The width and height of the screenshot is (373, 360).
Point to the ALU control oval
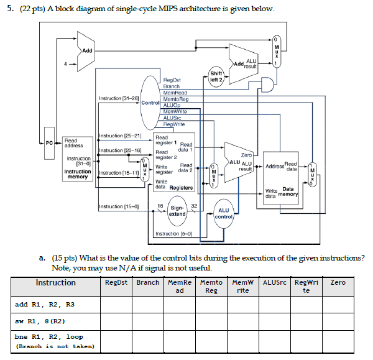point(223,213)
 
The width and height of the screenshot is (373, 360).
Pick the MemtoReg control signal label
point(175,99)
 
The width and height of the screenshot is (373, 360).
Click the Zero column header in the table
point(338,282)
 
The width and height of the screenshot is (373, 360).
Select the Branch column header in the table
point(148,282)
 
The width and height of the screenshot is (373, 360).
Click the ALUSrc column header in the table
point(275,282)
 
